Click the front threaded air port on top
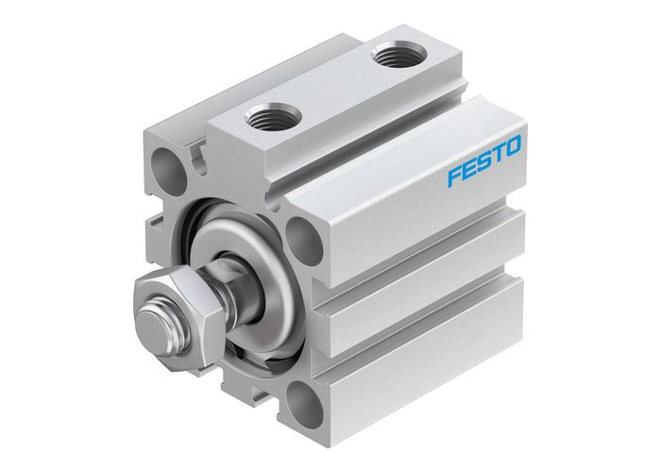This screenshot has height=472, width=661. [x=273, y=118]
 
